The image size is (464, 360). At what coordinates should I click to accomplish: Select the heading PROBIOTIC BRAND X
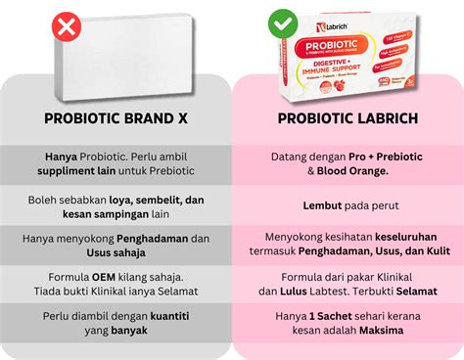point(116,119)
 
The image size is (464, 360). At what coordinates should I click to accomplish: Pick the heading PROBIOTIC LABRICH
point(348,119)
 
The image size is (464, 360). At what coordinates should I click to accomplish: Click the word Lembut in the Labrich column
point(322,205)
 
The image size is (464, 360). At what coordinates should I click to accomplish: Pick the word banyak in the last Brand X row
point(127,331)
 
